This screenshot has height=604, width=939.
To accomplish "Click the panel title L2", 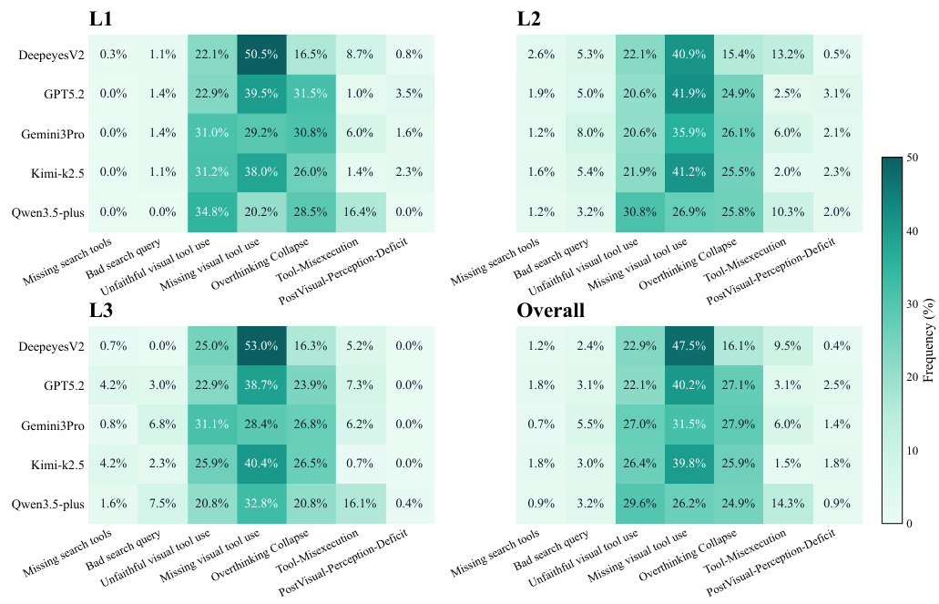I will pos(530,19).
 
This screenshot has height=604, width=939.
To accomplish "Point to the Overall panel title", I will pos(550,311).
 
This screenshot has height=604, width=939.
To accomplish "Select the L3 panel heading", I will pos(103,311).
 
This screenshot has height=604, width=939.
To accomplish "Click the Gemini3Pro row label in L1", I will pos(51,134).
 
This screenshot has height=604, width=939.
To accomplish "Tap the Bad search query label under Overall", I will pos(550,550).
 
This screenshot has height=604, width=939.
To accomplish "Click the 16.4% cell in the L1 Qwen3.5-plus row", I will pos(360,211).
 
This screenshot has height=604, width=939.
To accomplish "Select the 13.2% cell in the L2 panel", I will pos(788,56).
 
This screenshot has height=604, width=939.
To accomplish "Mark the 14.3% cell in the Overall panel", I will pos(788,503).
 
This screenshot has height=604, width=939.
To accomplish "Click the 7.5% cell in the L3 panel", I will pos(163,503).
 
